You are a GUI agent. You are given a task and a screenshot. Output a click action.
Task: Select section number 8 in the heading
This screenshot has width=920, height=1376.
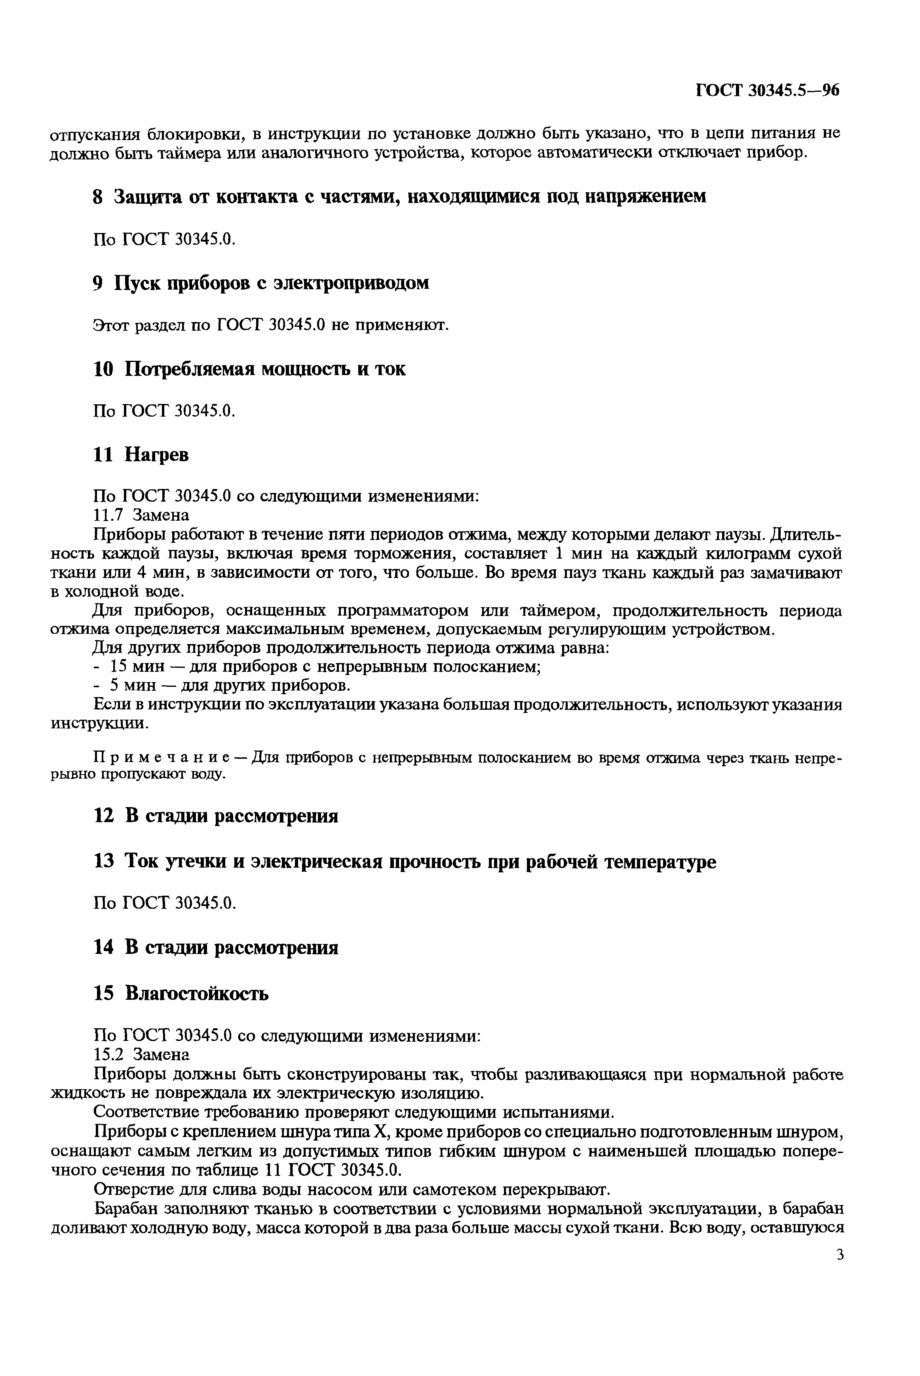point(99,196)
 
